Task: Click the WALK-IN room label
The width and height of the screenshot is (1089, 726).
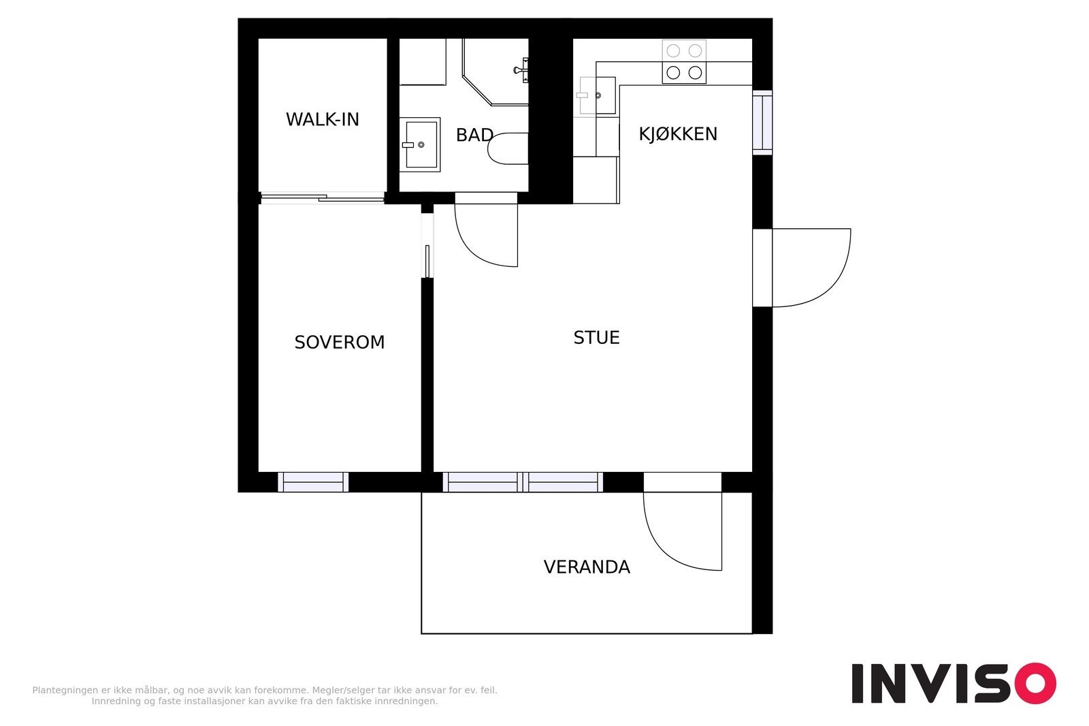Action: [323, 119]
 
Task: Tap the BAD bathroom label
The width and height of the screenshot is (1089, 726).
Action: [474, 135]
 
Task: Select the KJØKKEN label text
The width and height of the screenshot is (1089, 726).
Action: [678, 133]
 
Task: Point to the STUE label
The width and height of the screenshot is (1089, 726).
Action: [596, 338]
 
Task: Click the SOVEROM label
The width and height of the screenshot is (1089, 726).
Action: [340, 343]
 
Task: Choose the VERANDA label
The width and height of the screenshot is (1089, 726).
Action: [587, 567]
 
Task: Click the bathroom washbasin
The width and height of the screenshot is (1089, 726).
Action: [421, 144]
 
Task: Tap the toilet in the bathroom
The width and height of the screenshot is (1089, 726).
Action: [508, 148]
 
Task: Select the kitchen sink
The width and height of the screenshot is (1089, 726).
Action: [597, 95]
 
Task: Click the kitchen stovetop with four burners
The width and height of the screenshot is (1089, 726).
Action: [684, 62]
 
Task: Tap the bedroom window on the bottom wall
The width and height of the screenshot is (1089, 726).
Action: [313, 482]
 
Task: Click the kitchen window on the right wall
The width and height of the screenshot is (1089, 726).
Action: [762, 123]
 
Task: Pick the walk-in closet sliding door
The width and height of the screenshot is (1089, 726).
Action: [323, 198]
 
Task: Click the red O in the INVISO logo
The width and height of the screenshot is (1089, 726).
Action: [1035, 683]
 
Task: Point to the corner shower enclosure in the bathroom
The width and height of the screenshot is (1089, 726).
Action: [496, 72]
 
